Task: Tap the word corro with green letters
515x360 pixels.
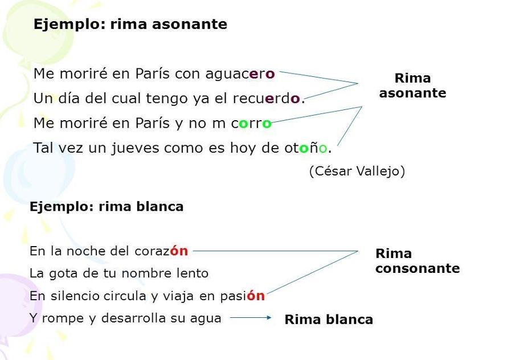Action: [x=251, y=123]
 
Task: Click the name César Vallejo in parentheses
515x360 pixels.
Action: [x=357, y=171]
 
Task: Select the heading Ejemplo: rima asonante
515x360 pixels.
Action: [x=130, y=24]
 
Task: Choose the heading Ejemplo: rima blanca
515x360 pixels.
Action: [x=106, y=207]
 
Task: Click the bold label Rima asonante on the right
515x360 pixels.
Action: [x=412, y=85]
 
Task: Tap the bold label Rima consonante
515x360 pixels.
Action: [x=417, y=261]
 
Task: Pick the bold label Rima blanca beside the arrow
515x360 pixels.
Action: [x=329, y=320]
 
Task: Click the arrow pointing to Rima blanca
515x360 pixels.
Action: [x=252, y=318]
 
